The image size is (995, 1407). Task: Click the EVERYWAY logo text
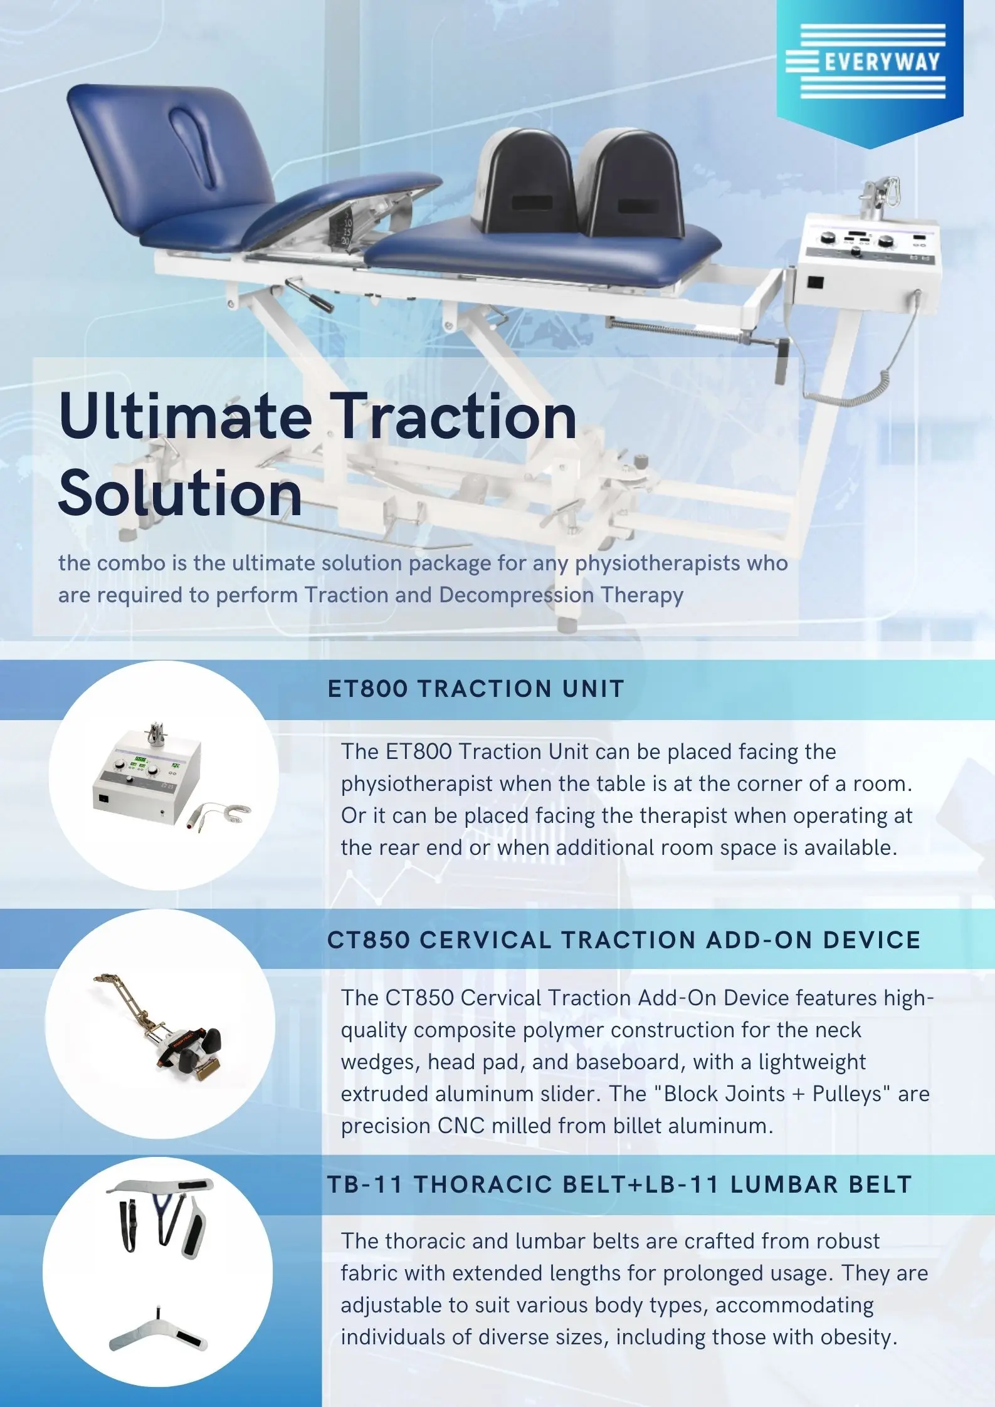pos(882,62)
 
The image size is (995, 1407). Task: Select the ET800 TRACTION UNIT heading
pos(475,689)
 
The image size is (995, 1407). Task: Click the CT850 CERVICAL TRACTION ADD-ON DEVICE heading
pos(623,940)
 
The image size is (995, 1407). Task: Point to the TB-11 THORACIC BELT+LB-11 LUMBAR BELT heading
pos(619,1185)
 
